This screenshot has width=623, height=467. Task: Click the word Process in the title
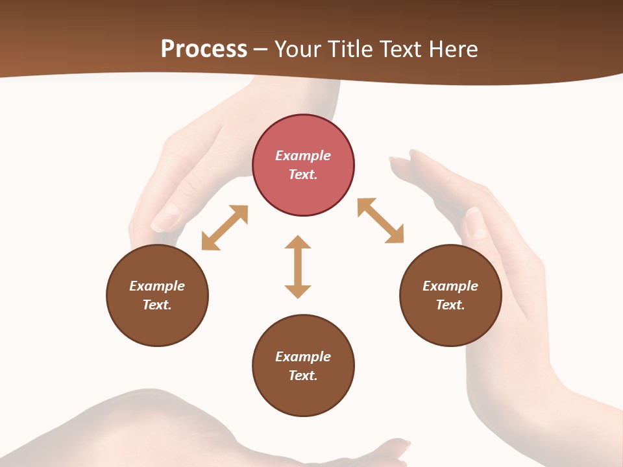(204, 49)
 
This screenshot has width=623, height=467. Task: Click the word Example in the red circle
(303, 156)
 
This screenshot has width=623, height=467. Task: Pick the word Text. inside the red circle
(303, 174)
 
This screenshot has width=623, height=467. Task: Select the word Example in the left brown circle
(157, 286)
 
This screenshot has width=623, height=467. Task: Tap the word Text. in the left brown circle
(157, 305)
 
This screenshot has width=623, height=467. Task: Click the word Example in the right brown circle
(450, 286)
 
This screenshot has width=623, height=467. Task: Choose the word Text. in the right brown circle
(450, 305)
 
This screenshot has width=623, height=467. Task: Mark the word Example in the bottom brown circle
(303, 357)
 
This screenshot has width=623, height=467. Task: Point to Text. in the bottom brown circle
(303, 376)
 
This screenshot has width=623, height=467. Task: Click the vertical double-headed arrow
(298, 267)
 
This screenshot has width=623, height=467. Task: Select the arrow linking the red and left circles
(225, 228)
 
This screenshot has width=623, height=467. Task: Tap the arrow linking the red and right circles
(381, 221)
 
